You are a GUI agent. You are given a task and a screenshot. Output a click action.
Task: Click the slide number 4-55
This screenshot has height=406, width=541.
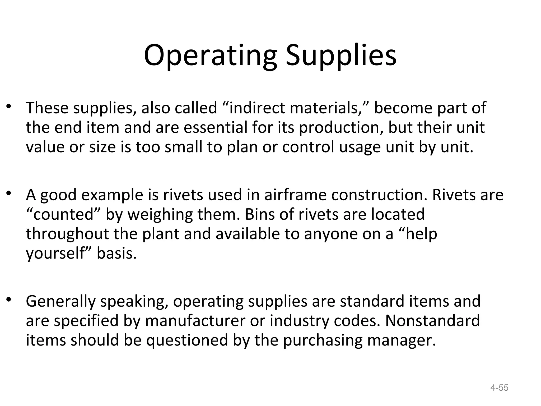pyautogui.click(x=499, y=388)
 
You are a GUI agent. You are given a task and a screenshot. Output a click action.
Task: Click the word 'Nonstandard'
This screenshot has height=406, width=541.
pyautogui.click(x=432, y=321)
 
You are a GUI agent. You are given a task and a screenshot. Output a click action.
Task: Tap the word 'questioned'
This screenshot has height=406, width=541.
pyautogui.click(x=187, y=340)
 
